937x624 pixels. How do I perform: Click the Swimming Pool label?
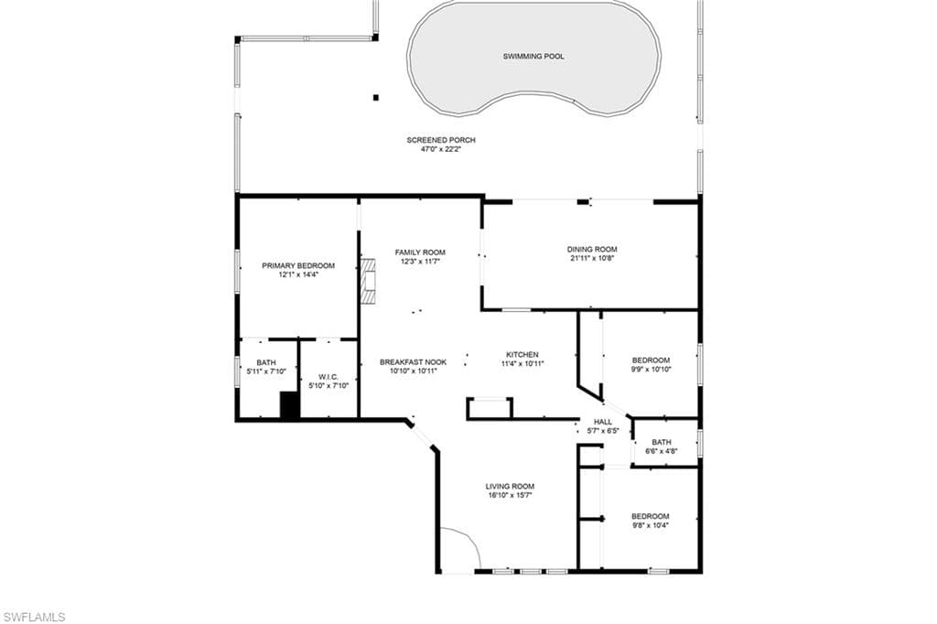pyautogui.click(x=533, y=56)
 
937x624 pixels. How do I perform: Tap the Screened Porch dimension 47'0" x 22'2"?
pyautogui.click(x=441, y=149)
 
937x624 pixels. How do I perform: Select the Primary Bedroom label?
pyautogui.click(x=298, y=266)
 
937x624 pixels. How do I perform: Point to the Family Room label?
pyautogui.click(x=420, y=253)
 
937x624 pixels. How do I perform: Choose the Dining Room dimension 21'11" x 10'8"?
pyautogui.click(x=592, y=258)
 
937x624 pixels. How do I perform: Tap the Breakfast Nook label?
pyautogui.click(x=413, y=362)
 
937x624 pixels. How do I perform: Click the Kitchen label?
pyautogui.click(x=522, y=354)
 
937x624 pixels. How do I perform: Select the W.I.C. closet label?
pyautogui.click(x=328, y=377)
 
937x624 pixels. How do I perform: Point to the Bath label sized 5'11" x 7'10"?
pyautogui.click(x=266, y=363)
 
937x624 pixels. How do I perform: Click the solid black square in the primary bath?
pyautogui.click(x=289, y=406)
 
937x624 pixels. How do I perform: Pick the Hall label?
pyautogui.click(x=602, y=422)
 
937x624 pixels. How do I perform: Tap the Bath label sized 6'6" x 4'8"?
pyautogui.click(x=661, y=442)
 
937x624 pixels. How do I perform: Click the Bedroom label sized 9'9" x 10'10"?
pyautogui.click(x=651, y=360)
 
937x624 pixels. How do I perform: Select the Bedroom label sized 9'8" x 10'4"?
pyautogui.click(x=651, y=516)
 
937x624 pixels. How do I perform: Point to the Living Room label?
pyautogui.click(x=510, y=487)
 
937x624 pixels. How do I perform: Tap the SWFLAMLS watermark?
pyautogui.click(x=34, y=617)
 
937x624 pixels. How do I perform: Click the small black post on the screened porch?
pyautogui.click(x=376, y=97)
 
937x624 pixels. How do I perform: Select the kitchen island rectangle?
pyautogui.click(x=490, y=408)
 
